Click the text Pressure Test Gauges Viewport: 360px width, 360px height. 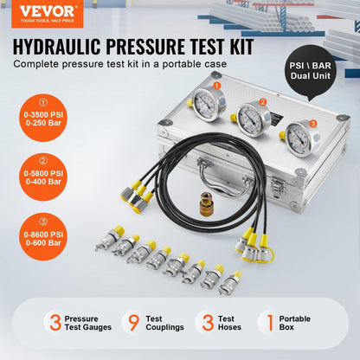(88, 323)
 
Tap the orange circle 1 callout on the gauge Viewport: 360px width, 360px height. (218, 87)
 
